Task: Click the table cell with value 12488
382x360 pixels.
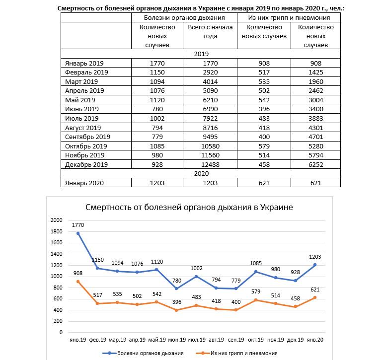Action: click(x=211, y=164)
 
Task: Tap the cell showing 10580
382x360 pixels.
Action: click(x=211, y=146)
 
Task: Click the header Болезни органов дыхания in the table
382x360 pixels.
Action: click(x=184, y=17)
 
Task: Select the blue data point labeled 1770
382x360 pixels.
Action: click(x=78, y=233)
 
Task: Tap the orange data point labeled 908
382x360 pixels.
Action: click(x=78, y=282)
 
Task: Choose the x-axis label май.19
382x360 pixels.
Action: click(x=156, y=340)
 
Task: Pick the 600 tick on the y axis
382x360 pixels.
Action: click(x=58, y=299)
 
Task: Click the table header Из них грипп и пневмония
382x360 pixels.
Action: click(x=289, y=17)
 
